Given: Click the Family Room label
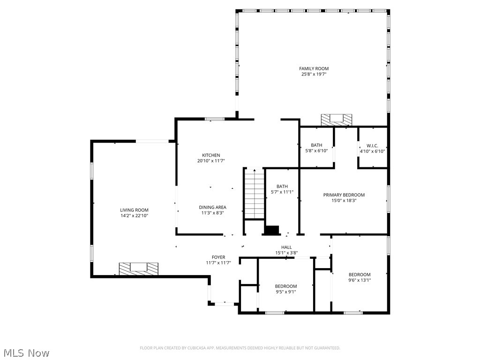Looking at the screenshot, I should pos(314,68).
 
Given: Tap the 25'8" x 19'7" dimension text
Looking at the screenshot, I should pos(314,74).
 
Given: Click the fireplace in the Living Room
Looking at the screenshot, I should pos(138,269).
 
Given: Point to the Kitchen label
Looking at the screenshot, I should pos(211,155).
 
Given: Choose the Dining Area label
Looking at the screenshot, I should pos(213,207).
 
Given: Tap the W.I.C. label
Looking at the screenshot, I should pos(372,145).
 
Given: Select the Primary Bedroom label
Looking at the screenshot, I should pos(344,195).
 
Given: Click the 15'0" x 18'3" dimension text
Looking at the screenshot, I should pos(344,201).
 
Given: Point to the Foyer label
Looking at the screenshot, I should pos(218,257).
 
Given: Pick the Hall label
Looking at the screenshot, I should pos(286,247).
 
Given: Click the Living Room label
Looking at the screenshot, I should pos(134,210).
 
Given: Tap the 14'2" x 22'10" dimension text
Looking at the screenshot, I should pos(134,216).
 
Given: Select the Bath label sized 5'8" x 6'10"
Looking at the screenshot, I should pos(316,145).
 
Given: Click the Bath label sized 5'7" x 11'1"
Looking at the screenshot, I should pos(282,186).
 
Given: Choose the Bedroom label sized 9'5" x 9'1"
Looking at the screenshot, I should pos(285,286).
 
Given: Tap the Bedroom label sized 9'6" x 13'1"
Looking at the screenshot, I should pos(359,275).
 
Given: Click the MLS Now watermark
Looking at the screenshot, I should pos(26,352).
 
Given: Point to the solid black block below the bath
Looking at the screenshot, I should pos(272,230).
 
